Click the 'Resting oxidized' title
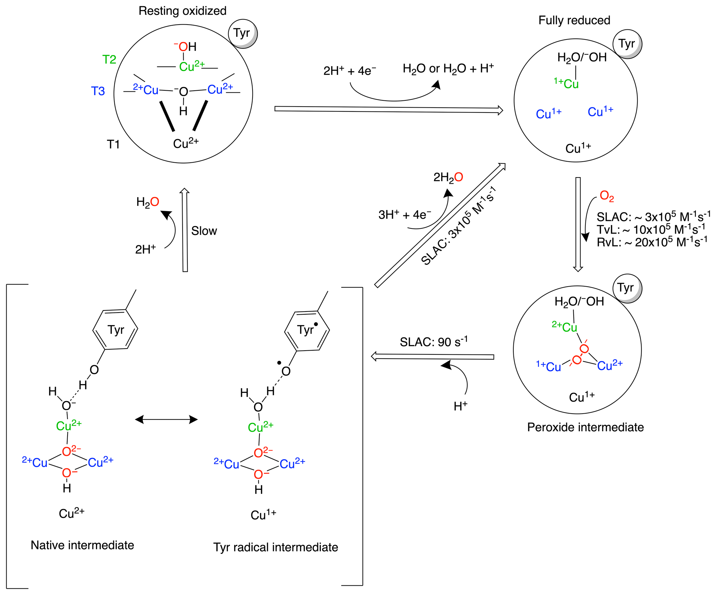pos(182,11)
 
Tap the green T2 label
pos(109,60)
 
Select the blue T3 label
pos(98,91)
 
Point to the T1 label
pos(113,144)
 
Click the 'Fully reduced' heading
pos(574,20)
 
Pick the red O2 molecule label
pos(607,196)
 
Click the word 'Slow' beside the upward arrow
pos(204,231)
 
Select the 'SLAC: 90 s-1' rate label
pos(433,342)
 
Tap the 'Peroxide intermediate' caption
pos(585,427)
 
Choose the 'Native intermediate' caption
pos(82,545)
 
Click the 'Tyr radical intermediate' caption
pos(275,547)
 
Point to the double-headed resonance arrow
pos(166,420)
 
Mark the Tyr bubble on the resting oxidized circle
pos(242,33)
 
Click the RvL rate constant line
pos(652,242)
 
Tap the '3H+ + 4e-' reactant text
pos(405,215)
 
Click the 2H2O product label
pos(448,178)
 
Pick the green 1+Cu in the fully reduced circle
pos(566,83)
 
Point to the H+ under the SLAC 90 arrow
pos(460,406)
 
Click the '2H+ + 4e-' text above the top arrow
pos(350,71)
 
